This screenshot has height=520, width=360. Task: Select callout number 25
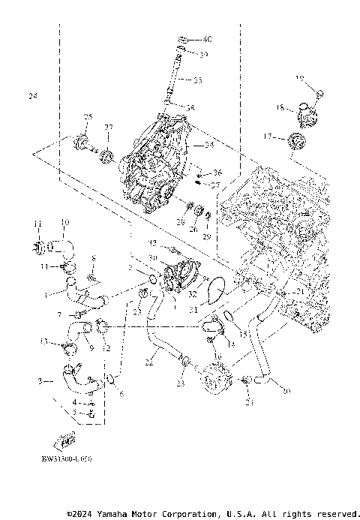[87, 117]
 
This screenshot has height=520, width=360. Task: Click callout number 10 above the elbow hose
[64, 222]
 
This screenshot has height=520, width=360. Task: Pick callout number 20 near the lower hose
[284, 389]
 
